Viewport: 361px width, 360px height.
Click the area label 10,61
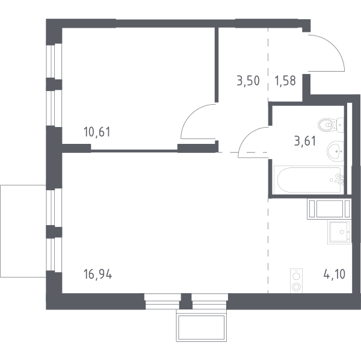point(97,132)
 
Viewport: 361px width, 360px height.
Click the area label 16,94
point(97,275)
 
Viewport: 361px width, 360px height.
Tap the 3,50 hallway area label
point(248,81)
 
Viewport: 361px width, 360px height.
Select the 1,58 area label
point(285,81)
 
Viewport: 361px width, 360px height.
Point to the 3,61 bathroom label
point(305,141)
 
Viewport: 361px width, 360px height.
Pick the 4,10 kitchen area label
point(335,274)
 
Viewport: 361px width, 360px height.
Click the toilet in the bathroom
point(330,125)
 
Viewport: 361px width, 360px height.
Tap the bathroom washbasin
point(335,151)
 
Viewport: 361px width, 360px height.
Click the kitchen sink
point(340,232)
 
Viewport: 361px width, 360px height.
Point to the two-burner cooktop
point(296,281)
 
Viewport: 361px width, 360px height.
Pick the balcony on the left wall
point(23,231)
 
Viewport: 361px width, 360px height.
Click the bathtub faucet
point(339,179)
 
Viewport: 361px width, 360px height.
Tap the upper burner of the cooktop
point(296,276)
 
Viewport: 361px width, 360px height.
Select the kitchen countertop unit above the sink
point(329,209)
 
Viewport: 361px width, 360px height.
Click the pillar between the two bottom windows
point(185,301)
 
